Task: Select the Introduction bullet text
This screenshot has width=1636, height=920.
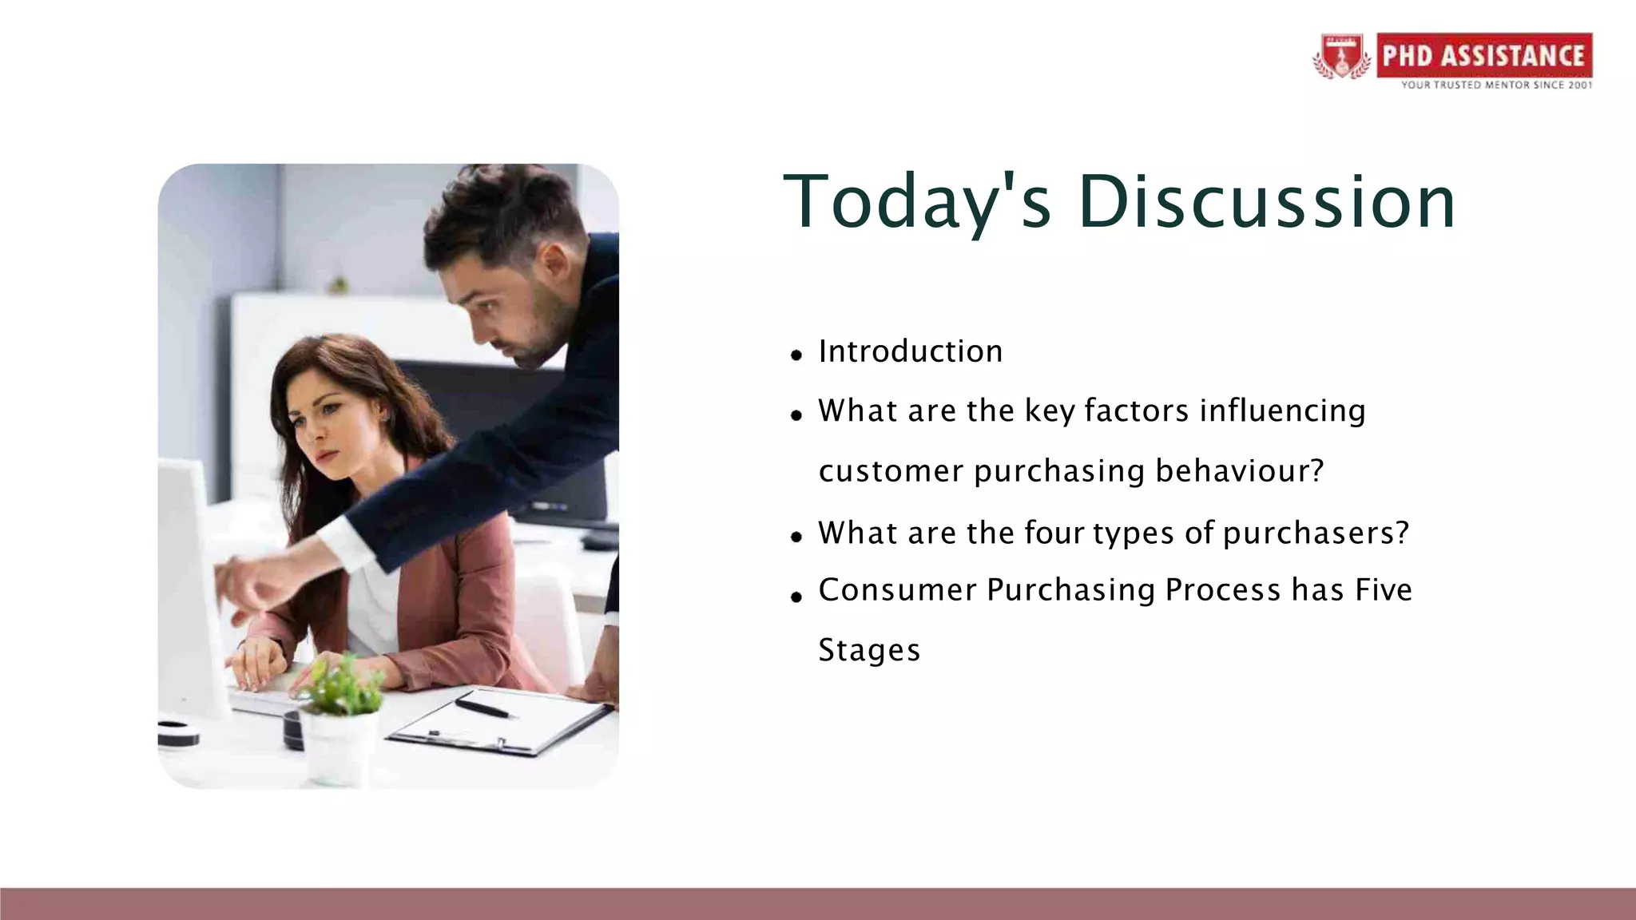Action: click(x=910, y=351)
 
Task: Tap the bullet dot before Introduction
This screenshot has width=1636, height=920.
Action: click(x=796, y=355)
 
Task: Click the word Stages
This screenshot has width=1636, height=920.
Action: click(x=869, y=650)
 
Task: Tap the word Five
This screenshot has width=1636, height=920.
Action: click(x=1384, y=590)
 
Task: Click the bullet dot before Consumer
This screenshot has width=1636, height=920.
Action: click(x=796, y=597)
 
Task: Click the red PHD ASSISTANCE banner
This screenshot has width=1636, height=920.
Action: click(x=1483, y=55)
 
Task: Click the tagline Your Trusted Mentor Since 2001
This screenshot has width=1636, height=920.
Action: click(x=1495, y=85)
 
